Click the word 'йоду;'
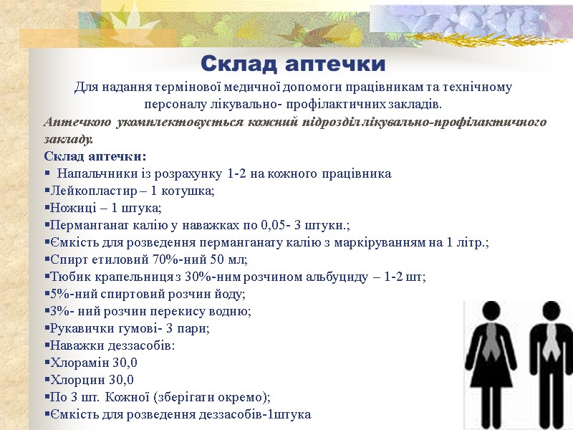point(231,295)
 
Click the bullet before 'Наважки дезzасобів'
point(47,346)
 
